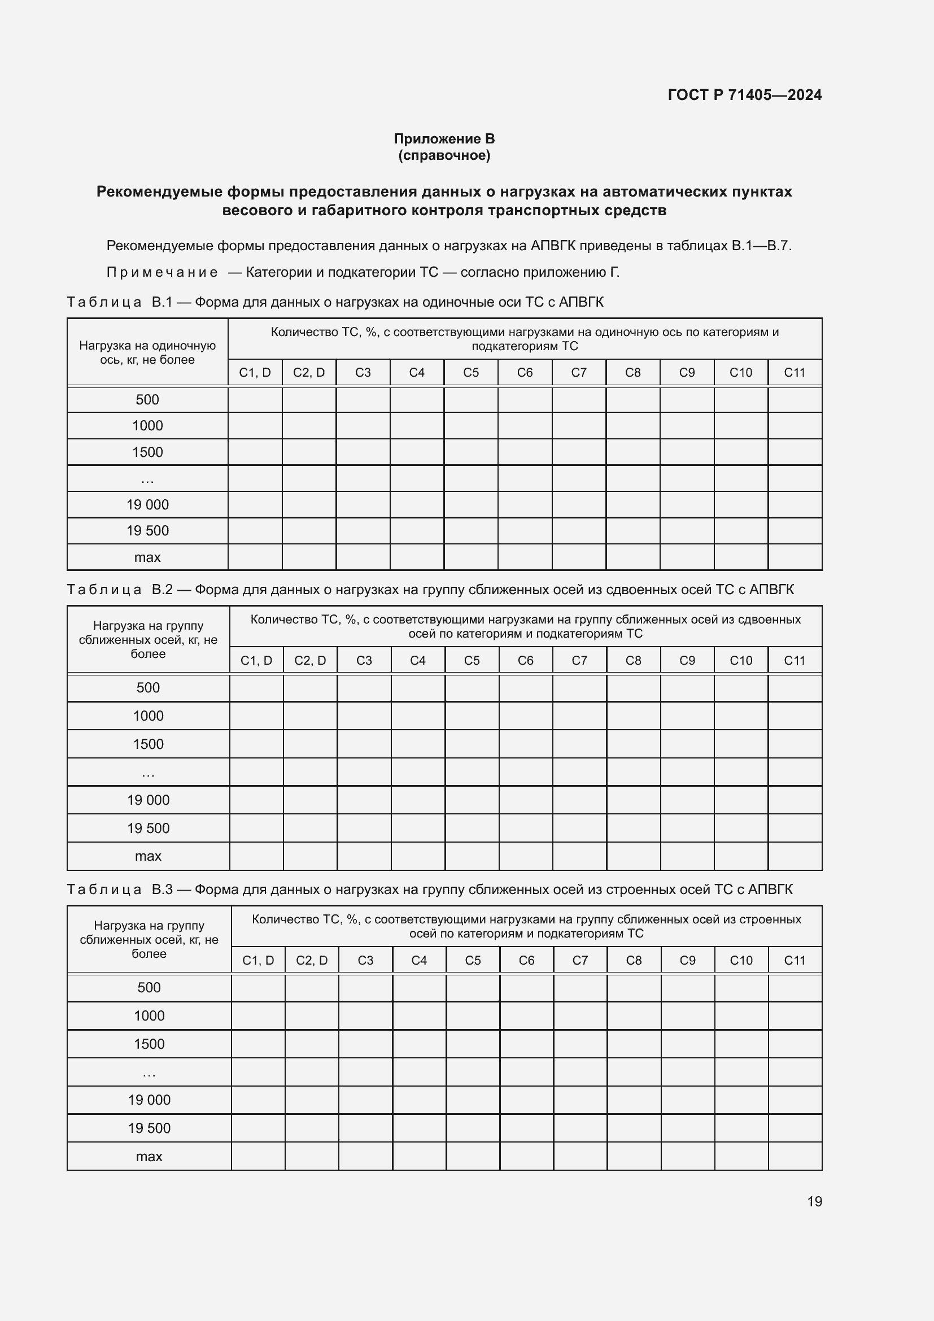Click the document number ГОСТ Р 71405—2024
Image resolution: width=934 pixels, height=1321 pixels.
click(x=744, y=95)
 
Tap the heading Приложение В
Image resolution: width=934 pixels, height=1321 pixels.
click(x=444, y=139)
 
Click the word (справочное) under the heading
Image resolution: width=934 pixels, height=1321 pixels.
click(x=444, y=155)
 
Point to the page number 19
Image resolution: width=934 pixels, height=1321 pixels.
click(x=814, y=1201)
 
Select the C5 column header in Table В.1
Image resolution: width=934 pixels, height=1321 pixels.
click(x=470, y=372)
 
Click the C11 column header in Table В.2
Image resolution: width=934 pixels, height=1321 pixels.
click(x=795, y=661)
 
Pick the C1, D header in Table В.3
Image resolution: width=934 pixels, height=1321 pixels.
click(x=257, y=960)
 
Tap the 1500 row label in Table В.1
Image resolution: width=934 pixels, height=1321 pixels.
click(x=147, y=452)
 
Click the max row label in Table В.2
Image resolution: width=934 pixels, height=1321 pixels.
click(x=148, y=856)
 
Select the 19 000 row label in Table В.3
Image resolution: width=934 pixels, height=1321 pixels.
click(x=149, y=1100)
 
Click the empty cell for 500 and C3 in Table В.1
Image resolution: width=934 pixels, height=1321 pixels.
click(x=363, y=400)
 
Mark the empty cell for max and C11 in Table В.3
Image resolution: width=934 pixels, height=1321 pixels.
click(x=795, y=1157)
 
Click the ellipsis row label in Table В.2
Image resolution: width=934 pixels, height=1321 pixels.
click(x=148, y=773)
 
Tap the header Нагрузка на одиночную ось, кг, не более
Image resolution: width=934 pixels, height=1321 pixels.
click(x=147, y=352)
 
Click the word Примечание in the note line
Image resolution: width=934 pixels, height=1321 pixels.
click(x=162, y=272)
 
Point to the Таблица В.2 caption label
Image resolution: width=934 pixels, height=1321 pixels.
click(x=120, y=589)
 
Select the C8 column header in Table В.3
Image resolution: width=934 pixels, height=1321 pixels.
click(x=633, y=960)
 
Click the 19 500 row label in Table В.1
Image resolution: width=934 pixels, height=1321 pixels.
click(x=147, y=530)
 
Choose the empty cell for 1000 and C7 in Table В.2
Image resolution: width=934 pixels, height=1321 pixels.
click(x=579, y=716)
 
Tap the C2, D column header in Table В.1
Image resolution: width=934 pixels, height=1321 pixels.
click(x=309, y=372)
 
